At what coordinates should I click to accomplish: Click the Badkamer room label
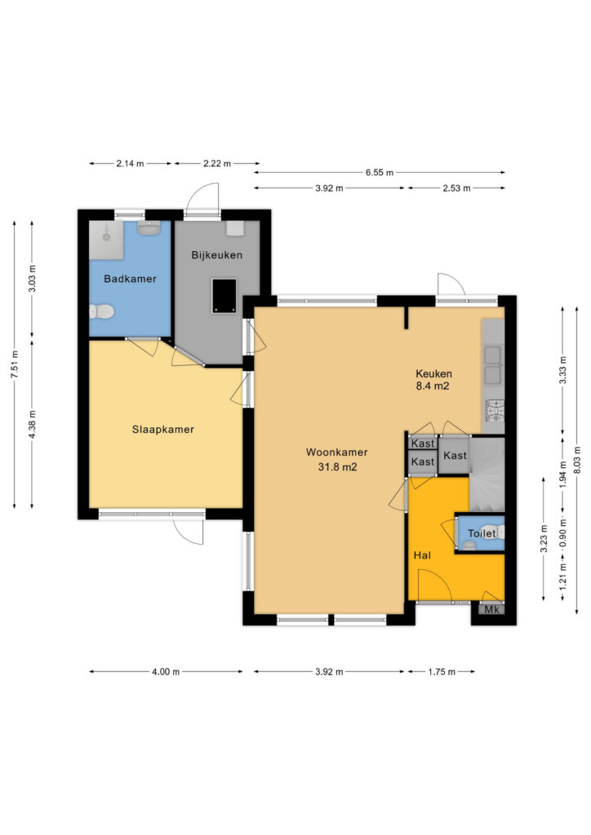coord(130,279)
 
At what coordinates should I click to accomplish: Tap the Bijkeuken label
coord(217,255)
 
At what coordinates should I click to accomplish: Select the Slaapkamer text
coord(163,429)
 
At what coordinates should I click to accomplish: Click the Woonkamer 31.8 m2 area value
coord(337,467)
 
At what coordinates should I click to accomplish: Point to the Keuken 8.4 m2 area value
coord(433,386)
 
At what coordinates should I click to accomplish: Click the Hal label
coord(422,555)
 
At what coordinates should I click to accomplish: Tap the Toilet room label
coord(482,533)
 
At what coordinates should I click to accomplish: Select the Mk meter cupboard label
coord(492,609)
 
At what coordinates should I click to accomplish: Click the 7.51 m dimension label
coord(15,364)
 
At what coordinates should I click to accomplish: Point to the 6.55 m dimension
coord(380,173)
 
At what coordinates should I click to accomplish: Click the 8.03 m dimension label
coord(577,460)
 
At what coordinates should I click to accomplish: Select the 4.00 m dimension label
coord(166,672)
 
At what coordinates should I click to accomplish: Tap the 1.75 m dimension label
coord(442,672)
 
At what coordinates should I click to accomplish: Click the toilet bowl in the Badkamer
coord(101,311)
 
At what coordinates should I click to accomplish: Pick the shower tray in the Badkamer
coord(106,241)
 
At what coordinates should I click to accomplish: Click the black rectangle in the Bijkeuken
coord(224,295)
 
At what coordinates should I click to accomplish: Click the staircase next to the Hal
coord(487,474)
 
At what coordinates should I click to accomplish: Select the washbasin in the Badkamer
coord(149,228)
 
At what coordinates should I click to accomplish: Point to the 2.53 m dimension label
coord(456,188)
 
